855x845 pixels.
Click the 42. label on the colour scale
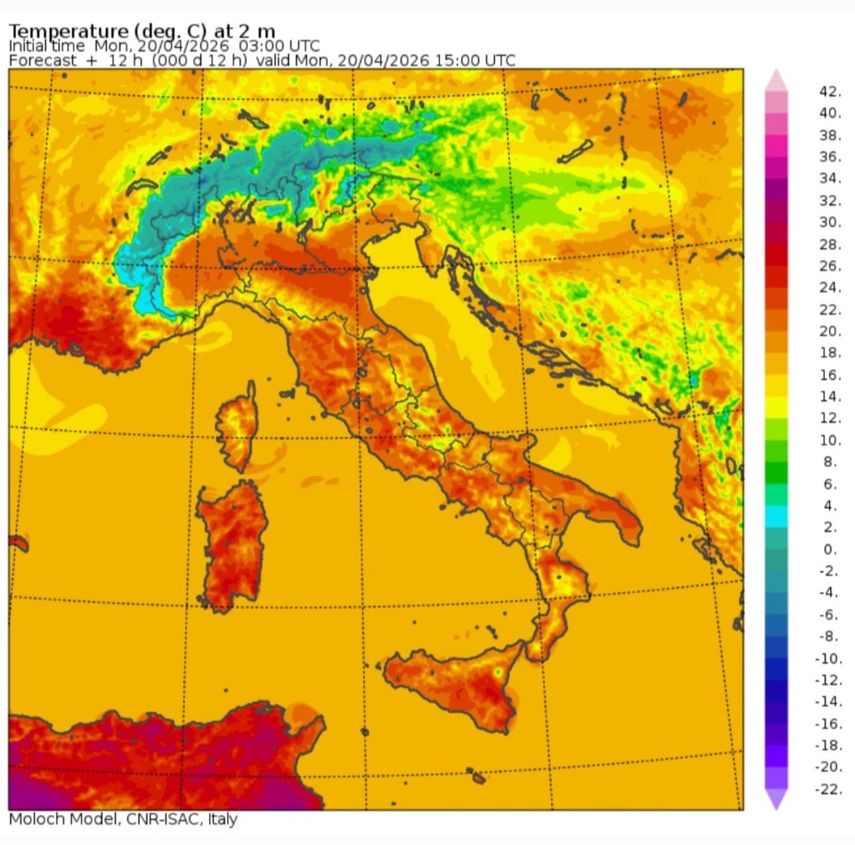click(x=830, y=92)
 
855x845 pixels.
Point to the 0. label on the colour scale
click(x=830, y=549)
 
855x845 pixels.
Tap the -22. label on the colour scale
click(x=828, y=789)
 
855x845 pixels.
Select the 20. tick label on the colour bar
click(x=830, y=331)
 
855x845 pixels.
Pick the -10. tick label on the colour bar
click(x=828, y=658)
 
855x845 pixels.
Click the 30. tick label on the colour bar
click(x=830, y=222)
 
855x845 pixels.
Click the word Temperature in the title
click(x=68, y=31)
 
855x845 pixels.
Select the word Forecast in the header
click(x=43, y=61)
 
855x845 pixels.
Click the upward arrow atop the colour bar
click(x=776, y=80)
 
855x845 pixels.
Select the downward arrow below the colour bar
click(x=776, y=800)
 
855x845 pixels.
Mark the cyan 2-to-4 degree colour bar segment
click(x=776, y=516)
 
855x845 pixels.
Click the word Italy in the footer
click(x=222, y=819)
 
